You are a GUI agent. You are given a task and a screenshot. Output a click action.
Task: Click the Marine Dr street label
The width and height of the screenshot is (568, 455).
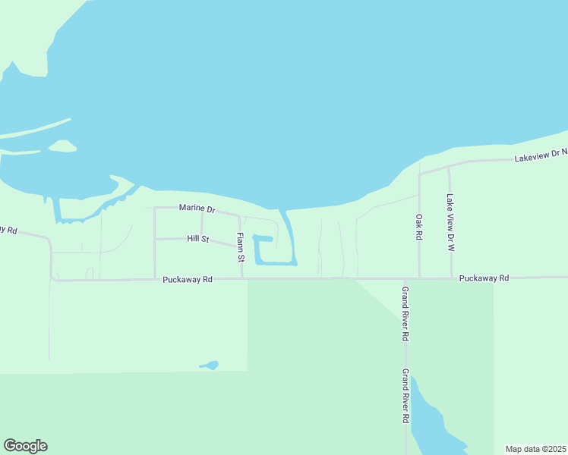point(197,208)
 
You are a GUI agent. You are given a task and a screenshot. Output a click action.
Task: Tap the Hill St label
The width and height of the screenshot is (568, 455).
point(197,239)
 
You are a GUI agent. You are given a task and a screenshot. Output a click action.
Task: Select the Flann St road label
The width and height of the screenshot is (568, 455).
point(240,248)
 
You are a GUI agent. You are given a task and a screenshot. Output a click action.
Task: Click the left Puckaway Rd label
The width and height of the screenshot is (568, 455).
point(188,279)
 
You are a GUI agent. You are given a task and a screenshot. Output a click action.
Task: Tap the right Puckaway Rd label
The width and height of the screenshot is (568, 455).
point(484,278)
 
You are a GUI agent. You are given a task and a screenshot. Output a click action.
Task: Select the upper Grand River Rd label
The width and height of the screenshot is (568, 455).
point(405,313)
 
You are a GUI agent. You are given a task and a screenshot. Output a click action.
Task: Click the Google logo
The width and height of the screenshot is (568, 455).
point(25,446)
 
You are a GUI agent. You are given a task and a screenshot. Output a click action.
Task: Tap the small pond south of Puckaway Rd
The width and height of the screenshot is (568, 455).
point(210,366)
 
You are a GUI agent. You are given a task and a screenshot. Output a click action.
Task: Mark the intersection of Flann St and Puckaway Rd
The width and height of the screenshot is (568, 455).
point(242,278)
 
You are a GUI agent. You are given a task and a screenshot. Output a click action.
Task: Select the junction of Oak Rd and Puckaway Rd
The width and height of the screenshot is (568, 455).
point(419,278)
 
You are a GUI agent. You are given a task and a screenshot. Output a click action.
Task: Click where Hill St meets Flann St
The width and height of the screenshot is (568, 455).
point(241,246)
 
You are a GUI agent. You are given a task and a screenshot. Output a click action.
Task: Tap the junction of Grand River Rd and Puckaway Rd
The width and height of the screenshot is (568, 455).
point(405,278)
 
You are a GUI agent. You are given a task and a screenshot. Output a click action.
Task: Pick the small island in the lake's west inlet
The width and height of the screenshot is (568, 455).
point(62,146)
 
